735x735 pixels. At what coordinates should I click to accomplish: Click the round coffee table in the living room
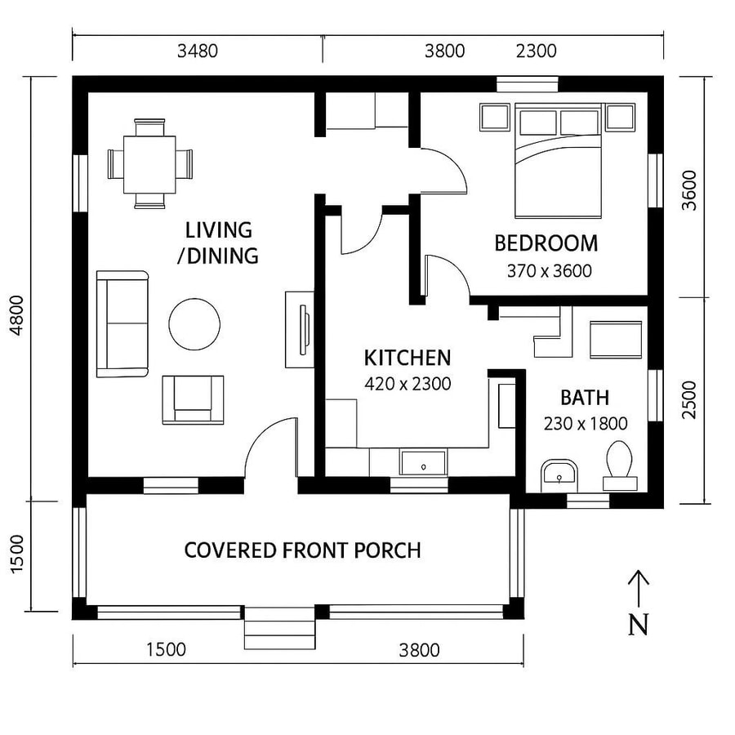coord(194,324)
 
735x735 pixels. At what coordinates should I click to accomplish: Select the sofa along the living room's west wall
coord(122,324)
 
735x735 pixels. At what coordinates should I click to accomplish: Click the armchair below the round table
coord(193,399)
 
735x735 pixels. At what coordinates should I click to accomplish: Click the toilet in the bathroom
coord(620,465)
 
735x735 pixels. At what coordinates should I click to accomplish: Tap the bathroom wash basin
coord(559,472)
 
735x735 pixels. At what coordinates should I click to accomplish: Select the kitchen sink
coord(423,463)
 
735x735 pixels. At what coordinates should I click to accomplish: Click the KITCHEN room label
coord(407,358)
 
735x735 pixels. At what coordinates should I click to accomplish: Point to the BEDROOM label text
coord(546,243)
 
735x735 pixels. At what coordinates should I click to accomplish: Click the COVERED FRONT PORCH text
coord(302,550)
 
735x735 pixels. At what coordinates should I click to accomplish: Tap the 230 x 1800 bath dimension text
coord(585,424)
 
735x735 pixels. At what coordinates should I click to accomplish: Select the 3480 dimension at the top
coord(198,51)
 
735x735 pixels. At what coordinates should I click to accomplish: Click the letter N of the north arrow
coord(639,625)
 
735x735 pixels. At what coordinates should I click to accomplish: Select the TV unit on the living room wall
coord(300,329)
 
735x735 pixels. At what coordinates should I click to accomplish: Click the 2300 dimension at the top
coord(537,51)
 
